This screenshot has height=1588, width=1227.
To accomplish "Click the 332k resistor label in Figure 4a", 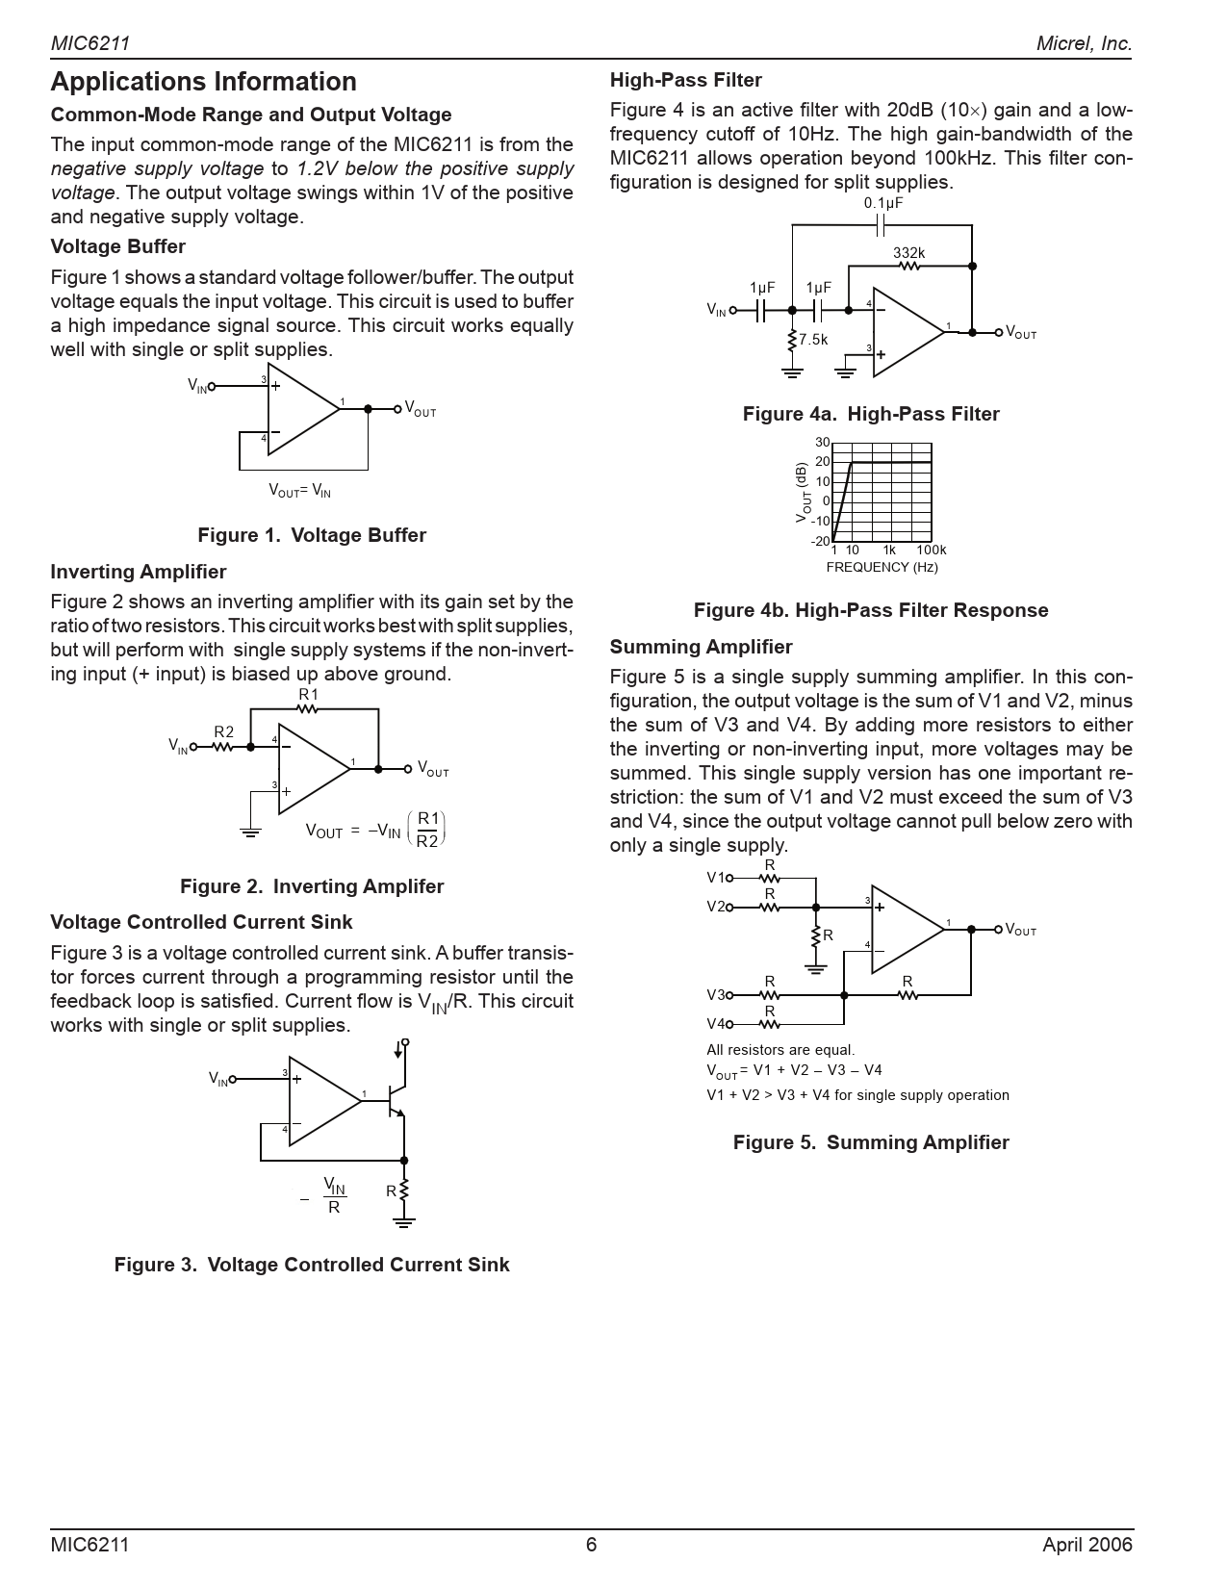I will [x=908, y=253].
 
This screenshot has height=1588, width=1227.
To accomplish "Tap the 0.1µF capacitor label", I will [x=882, y=203].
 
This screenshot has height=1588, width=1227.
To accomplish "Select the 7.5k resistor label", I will [x=813, y=340].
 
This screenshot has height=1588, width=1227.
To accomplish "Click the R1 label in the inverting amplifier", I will [x=308, y=695].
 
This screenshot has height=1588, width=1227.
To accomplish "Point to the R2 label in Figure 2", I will [x=223, y=732].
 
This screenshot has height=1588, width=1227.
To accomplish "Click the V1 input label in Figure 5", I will [x=716, y=878].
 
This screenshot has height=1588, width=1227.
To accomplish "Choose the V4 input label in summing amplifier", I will [x=716, y=1024].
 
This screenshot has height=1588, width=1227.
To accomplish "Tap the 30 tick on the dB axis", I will [x=822, y=443].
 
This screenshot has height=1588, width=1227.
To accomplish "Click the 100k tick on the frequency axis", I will [x=931, y=551].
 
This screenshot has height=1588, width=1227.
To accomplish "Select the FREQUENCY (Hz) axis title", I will [x=882, y=567].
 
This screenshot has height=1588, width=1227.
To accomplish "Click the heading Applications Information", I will [x=203, y=82].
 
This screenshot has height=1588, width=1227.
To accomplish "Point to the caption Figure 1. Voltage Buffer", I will [x=312, y=535].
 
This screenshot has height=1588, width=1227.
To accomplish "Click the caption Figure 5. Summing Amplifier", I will [x=871, y=1142].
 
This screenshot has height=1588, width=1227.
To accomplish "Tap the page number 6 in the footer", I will [x=591, y=1545].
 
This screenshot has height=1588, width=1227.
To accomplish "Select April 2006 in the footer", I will [x=1086, y=1545].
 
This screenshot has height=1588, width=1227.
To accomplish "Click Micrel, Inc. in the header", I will [x=1084, y=43].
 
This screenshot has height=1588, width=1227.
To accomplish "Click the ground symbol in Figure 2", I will [x=250, y=831].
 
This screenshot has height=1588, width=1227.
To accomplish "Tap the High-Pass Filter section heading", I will [x=685, y=80].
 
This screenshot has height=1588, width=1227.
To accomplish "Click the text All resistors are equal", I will [x=780, y=1050].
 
